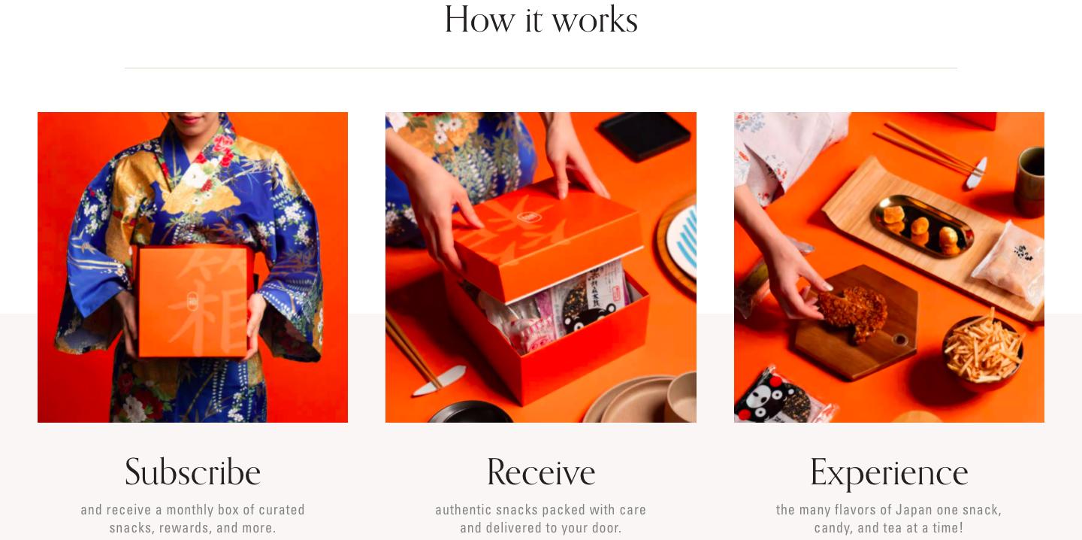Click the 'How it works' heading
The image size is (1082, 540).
541,20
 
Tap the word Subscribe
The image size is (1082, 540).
192,472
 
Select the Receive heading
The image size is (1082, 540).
540,472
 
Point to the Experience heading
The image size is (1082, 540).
889,473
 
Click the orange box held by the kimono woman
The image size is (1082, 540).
195,301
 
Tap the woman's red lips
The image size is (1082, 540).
190,119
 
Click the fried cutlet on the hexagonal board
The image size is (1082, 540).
854,311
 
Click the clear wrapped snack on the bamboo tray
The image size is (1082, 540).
1010,263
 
